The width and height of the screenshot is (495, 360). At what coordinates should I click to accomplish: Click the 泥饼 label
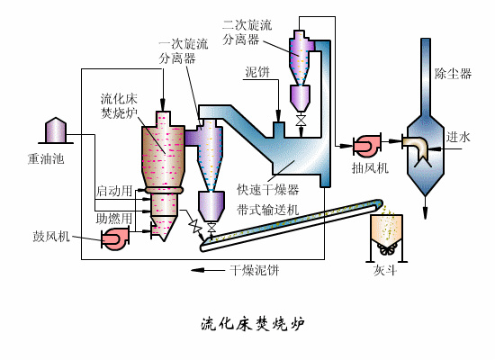[258, 71]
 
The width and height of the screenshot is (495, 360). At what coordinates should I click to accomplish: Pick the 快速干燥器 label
[267, 190]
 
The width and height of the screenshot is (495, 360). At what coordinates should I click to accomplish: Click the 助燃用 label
[114, 218]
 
